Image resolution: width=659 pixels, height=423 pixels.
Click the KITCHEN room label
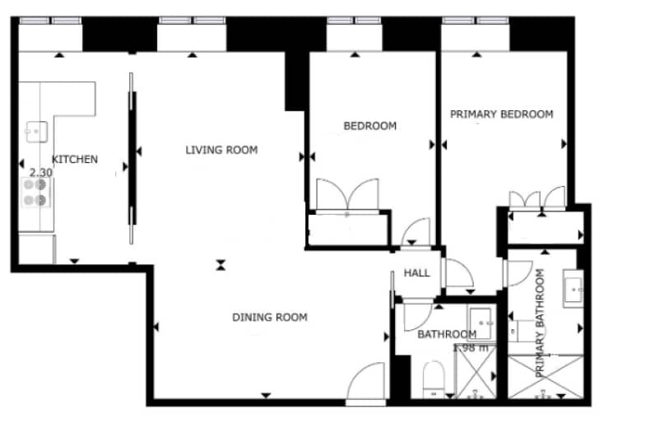coord(75,159)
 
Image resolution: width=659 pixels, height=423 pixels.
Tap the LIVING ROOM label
coord(221,150)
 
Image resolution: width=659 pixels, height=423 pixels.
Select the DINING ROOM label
coord(269,317)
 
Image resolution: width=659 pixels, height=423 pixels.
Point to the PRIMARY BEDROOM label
coord(501,114)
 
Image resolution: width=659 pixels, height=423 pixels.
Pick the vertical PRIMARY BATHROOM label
coord(541,323)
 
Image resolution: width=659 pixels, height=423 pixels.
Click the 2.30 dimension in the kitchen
coord(41,173)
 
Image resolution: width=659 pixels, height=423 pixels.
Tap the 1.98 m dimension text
coord(471,347)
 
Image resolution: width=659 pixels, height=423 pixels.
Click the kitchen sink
coord(35,131)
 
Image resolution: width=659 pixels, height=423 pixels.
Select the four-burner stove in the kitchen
coord(35,192)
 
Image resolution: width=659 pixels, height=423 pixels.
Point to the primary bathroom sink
coord(573,288)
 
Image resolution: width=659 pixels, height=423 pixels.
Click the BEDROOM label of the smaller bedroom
coord(369,126)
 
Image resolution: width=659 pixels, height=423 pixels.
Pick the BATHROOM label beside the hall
coord(447,334)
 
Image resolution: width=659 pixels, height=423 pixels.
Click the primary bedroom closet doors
coord(537,199)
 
